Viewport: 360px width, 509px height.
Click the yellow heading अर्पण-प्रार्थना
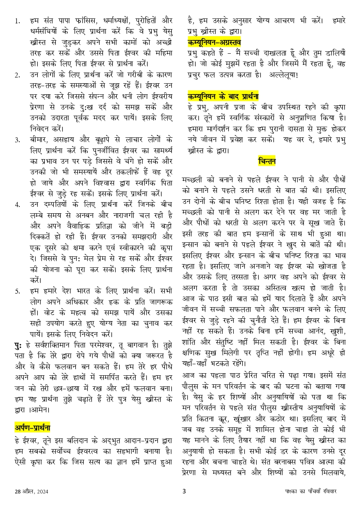click(x=32, y=428)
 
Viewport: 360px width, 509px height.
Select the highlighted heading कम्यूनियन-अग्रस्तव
click(x=214, y=42)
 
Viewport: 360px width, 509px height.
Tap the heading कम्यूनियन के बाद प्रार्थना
click(x=223, y=97)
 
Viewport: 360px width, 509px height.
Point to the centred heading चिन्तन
click(x=267, y=161)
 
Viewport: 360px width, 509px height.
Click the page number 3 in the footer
click(x=184, y=491)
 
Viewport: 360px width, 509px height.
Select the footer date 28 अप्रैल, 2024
click(x=31, y=491)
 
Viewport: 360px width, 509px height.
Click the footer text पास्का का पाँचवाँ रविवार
click(x=311, y=491)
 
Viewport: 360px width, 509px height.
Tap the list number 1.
click(x=17, y=21)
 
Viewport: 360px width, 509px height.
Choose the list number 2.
click(x=17, y=75)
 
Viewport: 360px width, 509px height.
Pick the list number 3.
click(x=17, y=140)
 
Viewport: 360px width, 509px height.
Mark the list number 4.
click(x=17, y=204)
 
